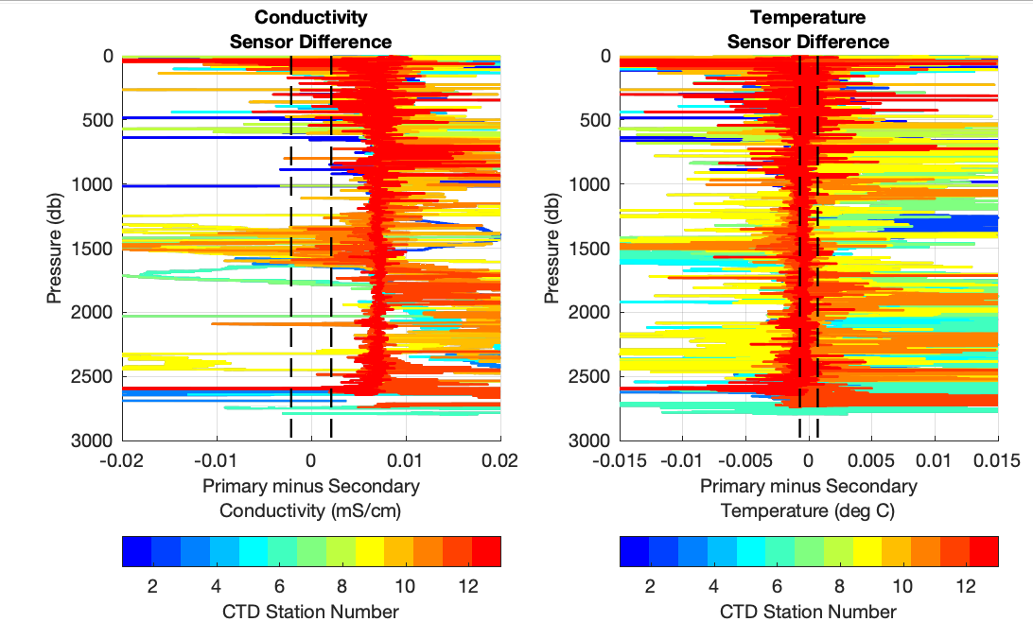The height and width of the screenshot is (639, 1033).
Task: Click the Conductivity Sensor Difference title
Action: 311,29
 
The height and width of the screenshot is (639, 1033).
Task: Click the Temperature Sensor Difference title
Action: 808,29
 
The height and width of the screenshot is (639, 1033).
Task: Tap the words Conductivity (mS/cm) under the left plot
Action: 311,511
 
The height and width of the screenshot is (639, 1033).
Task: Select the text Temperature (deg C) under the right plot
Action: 808,511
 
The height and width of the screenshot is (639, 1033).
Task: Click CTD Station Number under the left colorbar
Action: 311,612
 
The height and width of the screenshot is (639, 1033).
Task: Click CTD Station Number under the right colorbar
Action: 808,612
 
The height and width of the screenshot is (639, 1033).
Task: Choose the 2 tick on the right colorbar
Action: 650,586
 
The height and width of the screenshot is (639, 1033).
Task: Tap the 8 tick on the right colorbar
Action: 840,586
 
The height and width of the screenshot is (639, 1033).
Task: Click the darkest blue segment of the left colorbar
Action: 137,551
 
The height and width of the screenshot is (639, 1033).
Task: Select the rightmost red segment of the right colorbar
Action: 984,551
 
